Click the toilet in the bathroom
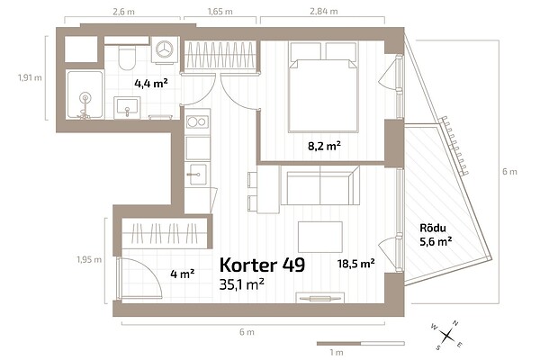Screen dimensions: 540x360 pyautogui.click(x=127, y=58)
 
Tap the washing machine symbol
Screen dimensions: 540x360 pyautogui.click(x=165, y=50)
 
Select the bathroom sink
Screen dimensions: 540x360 pyautogui.click(x=127, y=107)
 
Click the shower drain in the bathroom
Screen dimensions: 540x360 pyautogui.click(x=85, y=98)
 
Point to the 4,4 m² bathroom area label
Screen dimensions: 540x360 pyautogui.click(x=151, y=83)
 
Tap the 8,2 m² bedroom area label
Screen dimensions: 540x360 pyautogui.click(x=324, y=146)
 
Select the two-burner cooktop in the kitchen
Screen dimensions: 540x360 pyautogui.click(x=198, y=121)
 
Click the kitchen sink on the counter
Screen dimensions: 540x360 pyautogui.click(x=197, y=175)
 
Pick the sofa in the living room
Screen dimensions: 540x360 pyautogui.click(x=319, y=185)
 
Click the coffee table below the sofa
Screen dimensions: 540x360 pyautogui.click(x=320, y=237)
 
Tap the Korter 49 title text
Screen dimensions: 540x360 pyautogui.click(x=263, y=265)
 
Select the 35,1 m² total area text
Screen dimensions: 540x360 pyautogui.click(x=242, y=284)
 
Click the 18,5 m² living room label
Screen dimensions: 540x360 pyautogui.click(x=356, y=264)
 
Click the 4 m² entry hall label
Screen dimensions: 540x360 pyautogui.click(x=183, y=274)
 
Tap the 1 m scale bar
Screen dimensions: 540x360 pyautogui.click(x=361, y=344)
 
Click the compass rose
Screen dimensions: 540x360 pyautogui.click(x=447, y=335)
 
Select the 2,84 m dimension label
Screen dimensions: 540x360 pyautogui.click(x=324, y=11)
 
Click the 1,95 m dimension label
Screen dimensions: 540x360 pyautogui.click(x=89, y=259)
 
